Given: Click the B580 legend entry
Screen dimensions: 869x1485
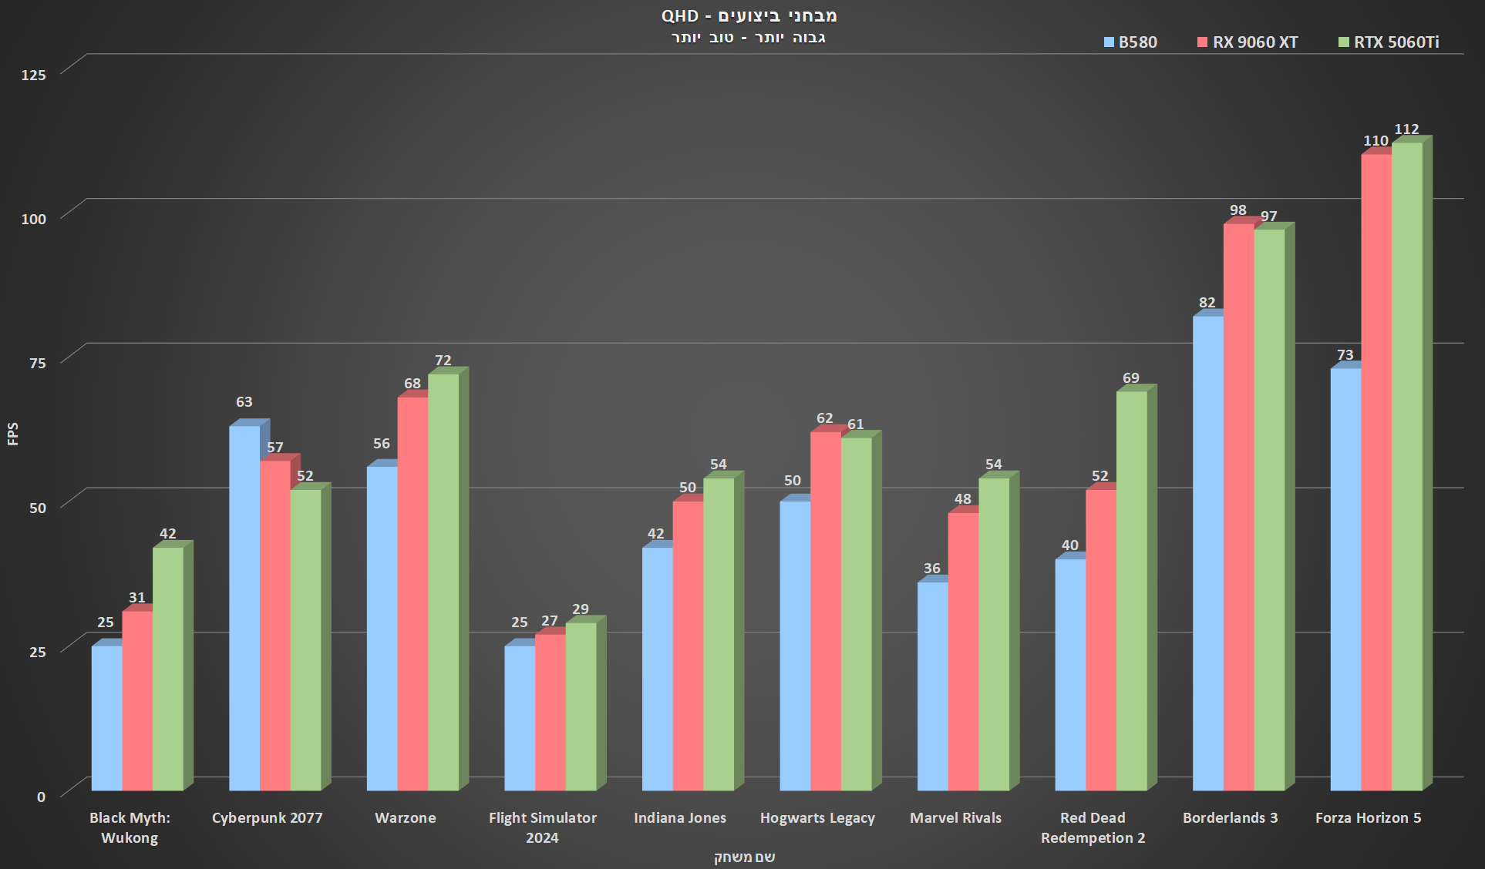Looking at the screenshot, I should coord(1130,42).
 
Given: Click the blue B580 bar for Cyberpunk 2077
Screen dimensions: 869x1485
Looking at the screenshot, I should coord(244,609).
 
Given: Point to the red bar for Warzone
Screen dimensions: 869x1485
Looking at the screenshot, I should coord(412,594).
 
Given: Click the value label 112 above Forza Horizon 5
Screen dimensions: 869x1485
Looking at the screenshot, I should coord(1406,129).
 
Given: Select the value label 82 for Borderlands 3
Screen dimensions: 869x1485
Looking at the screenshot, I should coord(1207,303).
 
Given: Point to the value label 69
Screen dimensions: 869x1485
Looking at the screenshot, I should coord(1131,378).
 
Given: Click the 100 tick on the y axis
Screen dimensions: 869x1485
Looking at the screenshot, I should coord(34,219).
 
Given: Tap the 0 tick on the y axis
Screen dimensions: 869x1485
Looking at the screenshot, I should coord(42,797).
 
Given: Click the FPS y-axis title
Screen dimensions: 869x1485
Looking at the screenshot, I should coord(13,434).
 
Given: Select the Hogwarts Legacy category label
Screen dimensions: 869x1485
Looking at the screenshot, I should coord(817,818).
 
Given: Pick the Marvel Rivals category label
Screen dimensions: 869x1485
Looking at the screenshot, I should coord(955,818).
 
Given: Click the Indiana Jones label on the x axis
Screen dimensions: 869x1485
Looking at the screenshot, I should coord(680,818).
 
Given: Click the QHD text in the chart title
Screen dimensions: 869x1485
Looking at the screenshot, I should coord(679,16).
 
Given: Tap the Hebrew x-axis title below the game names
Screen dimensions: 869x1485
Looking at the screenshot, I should coord(744,857).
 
